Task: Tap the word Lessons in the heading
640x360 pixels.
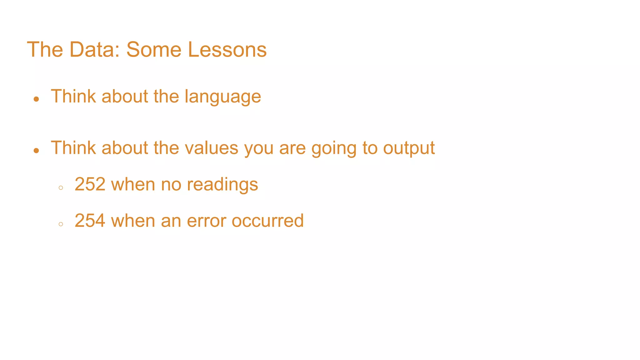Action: click(227, 50)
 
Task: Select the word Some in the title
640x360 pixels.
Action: click(153, 50)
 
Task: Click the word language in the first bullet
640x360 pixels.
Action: click(222, 97)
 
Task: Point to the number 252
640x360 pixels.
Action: click(90, 184)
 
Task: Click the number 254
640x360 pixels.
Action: click(90, 221)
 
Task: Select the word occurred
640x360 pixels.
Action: click(267, 221)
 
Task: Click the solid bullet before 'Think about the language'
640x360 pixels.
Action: click(37, 99)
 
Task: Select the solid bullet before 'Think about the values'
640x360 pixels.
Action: click(37, 151)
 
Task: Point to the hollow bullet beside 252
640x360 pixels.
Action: click(61, 188)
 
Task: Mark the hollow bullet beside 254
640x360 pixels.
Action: click(61, 224)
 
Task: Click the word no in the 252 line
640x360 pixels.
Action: click(171, 184)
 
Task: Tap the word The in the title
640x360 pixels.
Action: click(45, 50)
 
